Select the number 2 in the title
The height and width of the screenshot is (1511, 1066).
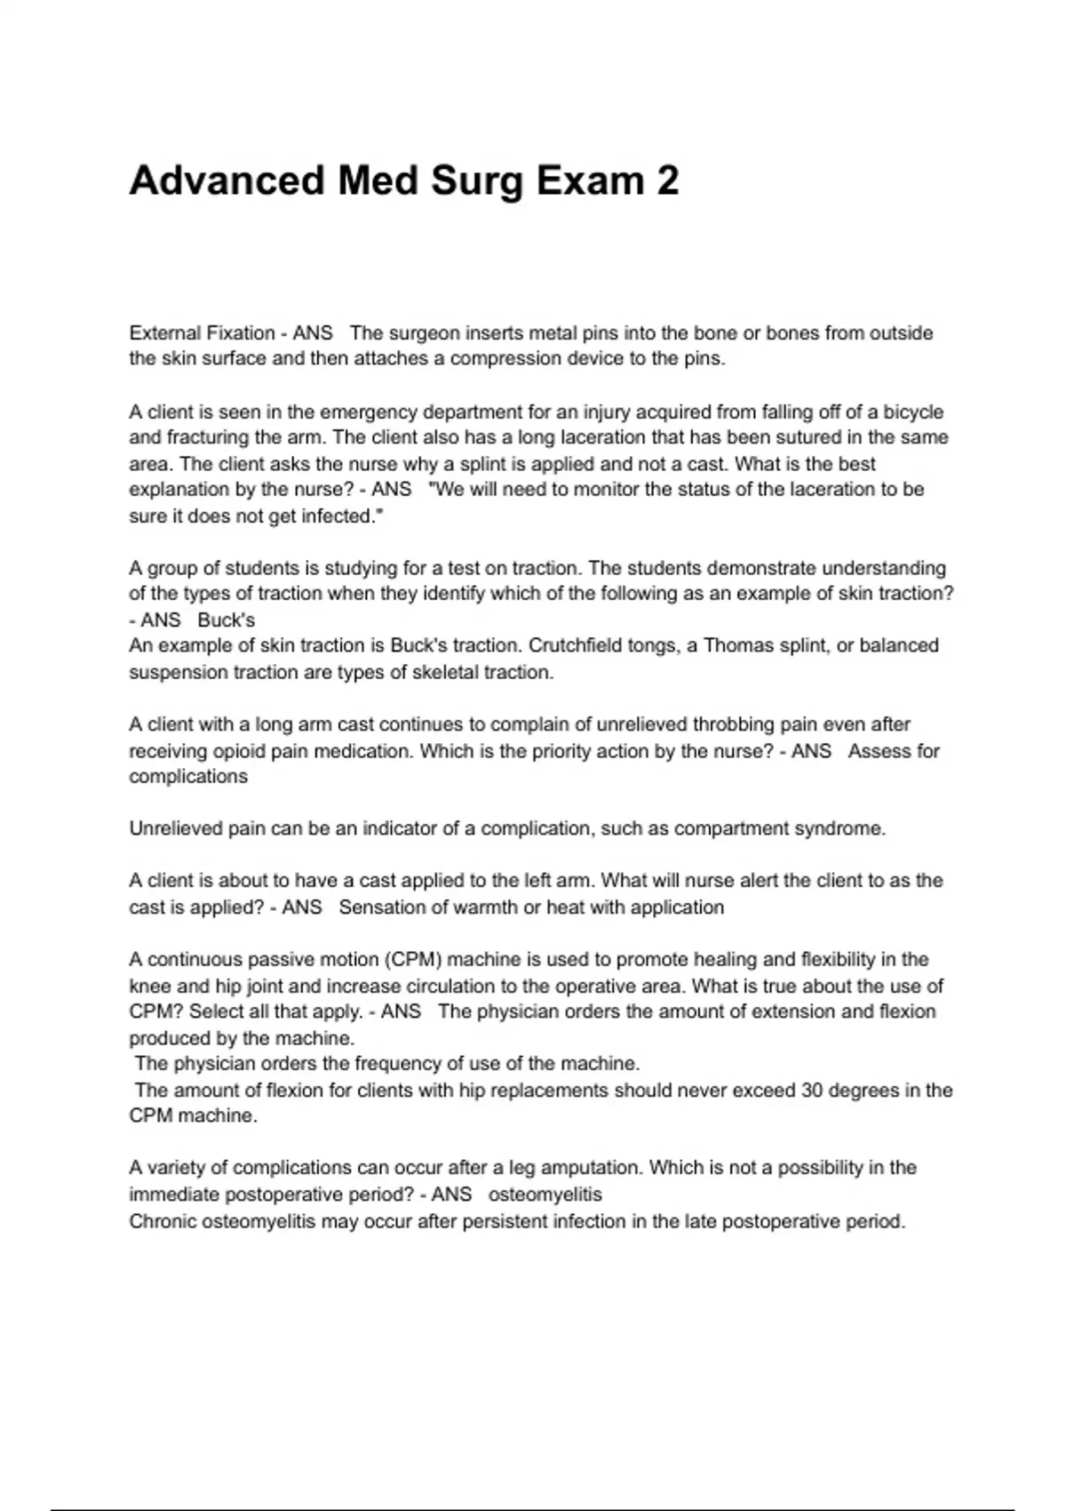coord(667,180)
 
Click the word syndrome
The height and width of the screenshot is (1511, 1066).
coord(839,829)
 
